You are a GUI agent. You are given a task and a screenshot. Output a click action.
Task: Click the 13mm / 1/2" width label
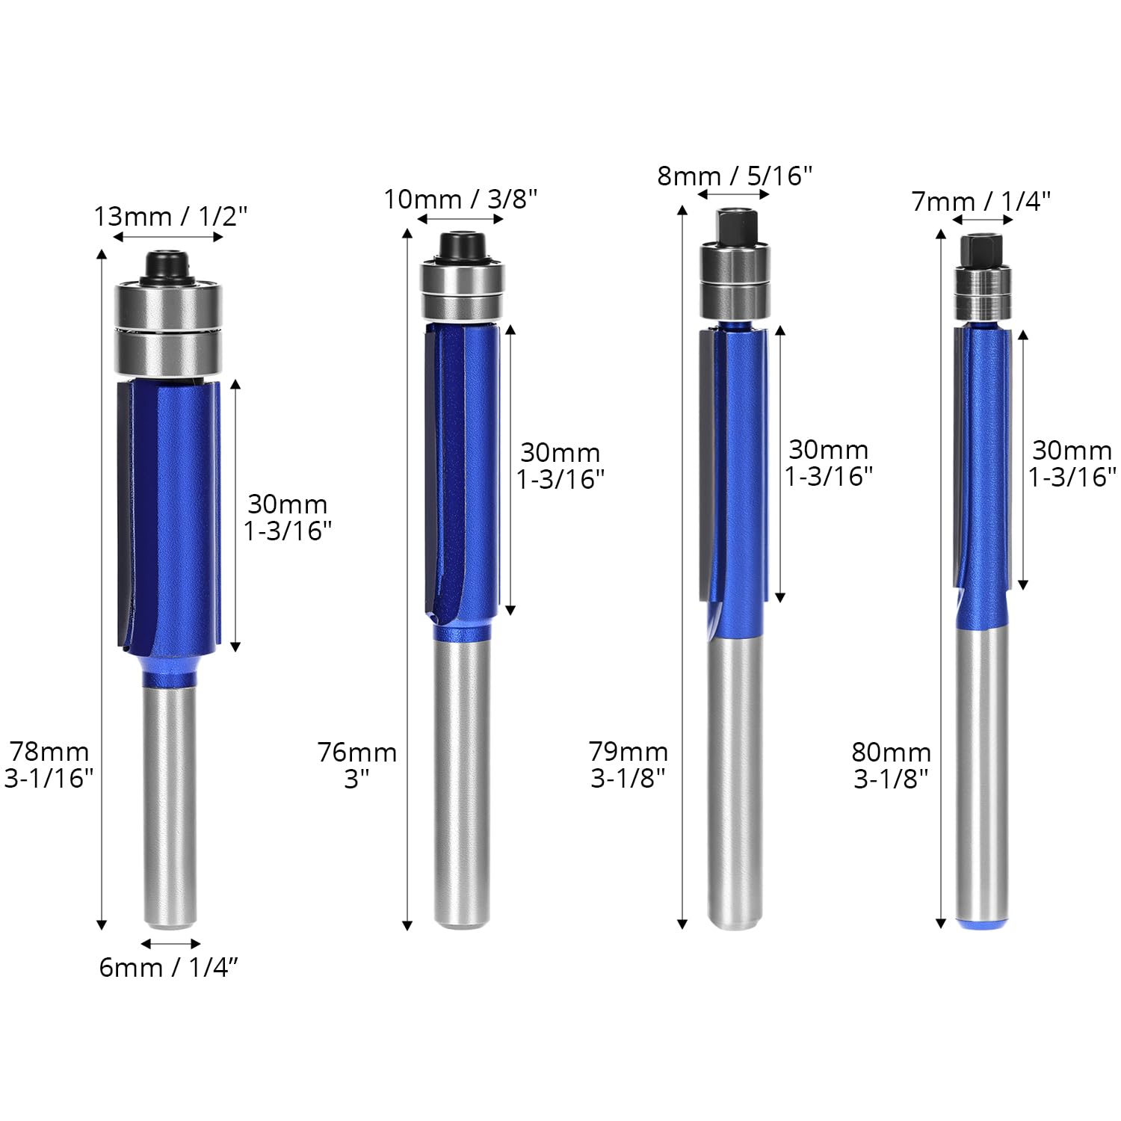(x=170, y=217)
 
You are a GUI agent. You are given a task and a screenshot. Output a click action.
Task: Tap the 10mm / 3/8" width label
(x=460, y=200)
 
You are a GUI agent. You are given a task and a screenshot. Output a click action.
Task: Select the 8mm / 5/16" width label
(x=735, y=176)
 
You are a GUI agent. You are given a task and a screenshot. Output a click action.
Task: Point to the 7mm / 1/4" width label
(x=981, y=201)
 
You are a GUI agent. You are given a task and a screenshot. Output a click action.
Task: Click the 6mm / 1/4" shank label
(x=169, y=967)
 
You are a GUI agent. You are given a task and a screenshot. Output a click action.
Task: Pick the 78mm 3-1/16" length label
(x=49, y=765)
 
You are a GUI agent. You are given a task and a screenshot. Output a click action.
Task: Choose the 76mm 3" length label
(x=357, y=765)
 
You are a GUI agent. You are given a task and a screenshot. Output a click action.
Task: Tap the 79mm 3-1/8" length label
(x=628, y=765)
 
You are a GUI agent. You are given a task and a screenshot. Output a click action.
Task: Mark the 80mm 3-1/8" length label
(x=891, y=765)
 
